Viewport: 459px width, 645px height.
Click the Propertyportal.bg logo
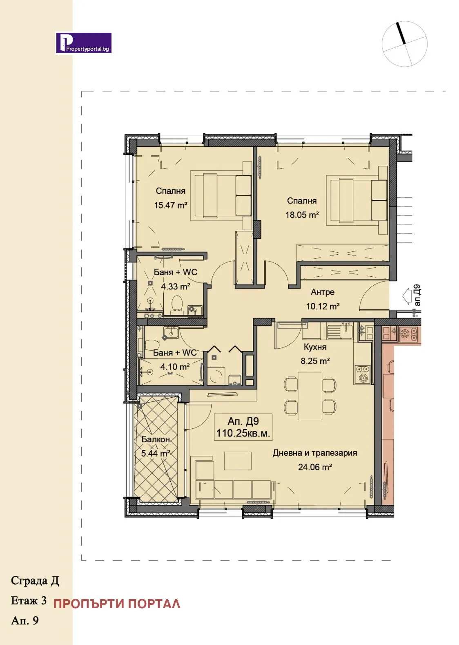click(83, 43)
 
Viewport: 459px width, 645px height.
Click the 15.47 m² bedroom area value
click(170, 205)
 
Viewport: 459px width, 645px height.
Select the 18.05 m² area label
click(302, 215)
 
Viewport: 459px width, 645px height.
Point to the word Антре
click(323, 292)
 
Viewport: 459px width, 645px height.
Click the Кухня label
click(315, 347)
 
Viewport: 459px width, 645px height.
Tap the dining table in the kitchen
click(310, 396)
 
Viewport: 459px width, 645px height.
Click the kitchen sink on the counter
click(340, 331)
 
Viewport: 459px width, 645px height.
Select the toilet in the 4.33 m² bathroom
click(177, 305)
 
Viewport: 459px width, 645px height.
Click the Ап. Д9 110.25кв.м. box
click(243, 427)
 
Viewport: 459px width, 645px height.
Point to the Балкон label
click(156, 439)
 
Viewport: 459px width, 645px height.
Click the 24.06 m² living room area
click(314, 467)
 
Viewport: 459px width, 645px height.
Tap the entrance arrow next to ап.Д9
click(407, 296)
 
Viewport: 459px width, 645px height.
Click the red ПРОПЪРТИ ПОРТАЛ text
click(117, 604)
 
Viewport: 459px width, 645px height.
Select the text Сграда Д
click(35, 581)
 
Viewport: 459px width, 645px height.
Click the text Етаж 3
click(29, 600)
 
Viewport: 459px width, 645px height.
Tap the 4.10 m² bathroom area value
click(174, 367)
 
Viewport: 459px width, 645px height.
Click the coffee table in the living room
click(238, 461)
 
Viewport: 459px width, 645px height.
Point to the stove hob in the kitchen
click(363, 374)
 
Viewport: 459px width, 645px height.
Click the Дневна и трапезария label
click(314, 453)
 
